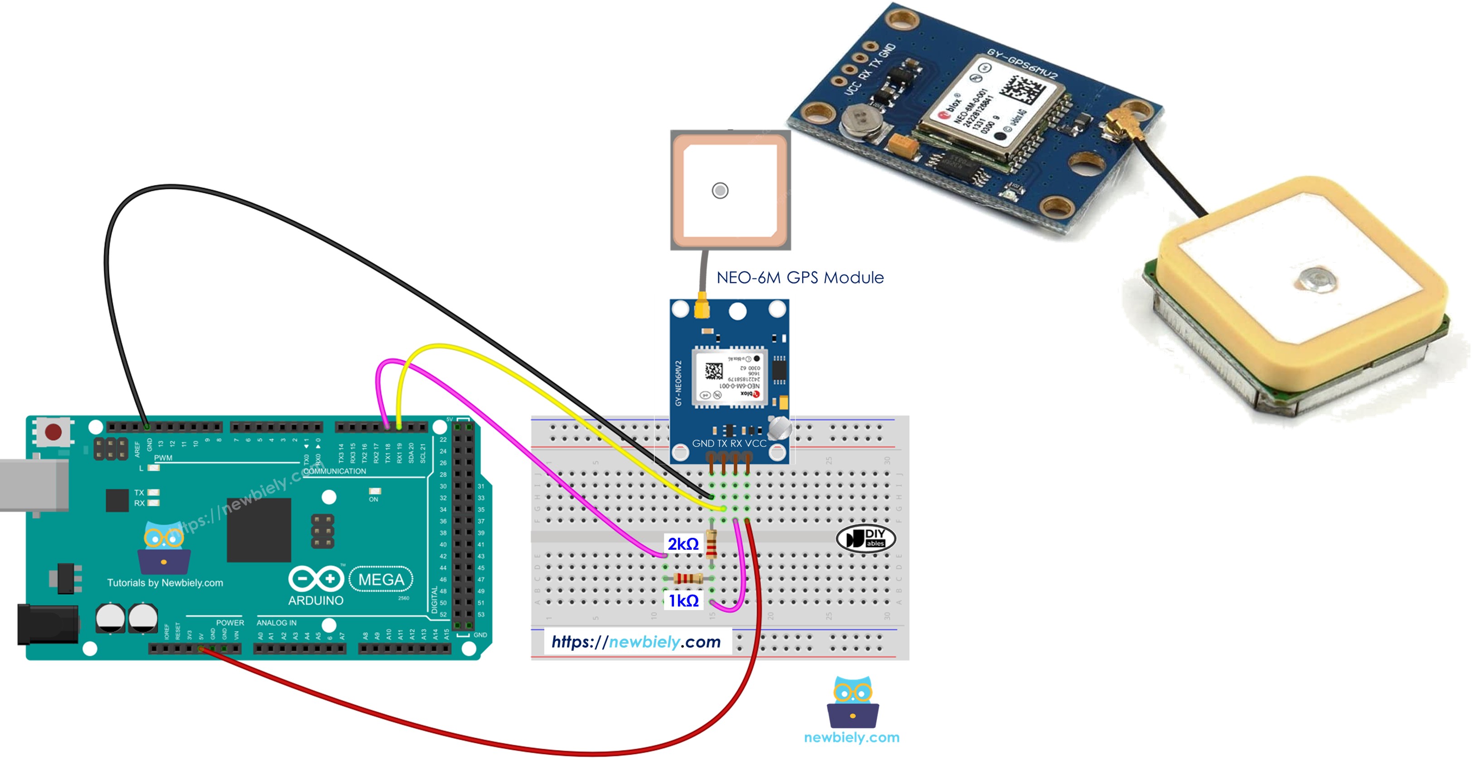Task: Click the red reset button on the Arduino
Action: pos(53,432)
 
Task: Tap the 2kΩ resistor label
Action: pos(683,543)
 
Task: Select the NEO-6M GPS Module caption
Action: pos(799,278)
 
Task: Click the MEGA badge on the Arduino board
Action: pos(381,579)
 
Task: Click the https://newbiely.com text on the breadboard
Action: pos(636,641)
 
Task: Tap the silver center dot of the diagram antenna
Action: pos(720,190)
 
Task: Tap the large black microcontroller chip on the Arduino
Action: pos(259,530)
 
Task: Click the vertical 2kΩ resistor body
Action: pos(711,544)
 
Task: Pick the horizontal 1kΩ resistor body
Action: pos(688,578)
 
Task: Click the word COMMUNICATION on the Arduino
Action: pos(334,471)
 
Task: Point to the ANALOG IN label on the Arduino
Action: pos(276,623)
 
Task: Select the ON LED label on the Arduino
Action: pos(373,499)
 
